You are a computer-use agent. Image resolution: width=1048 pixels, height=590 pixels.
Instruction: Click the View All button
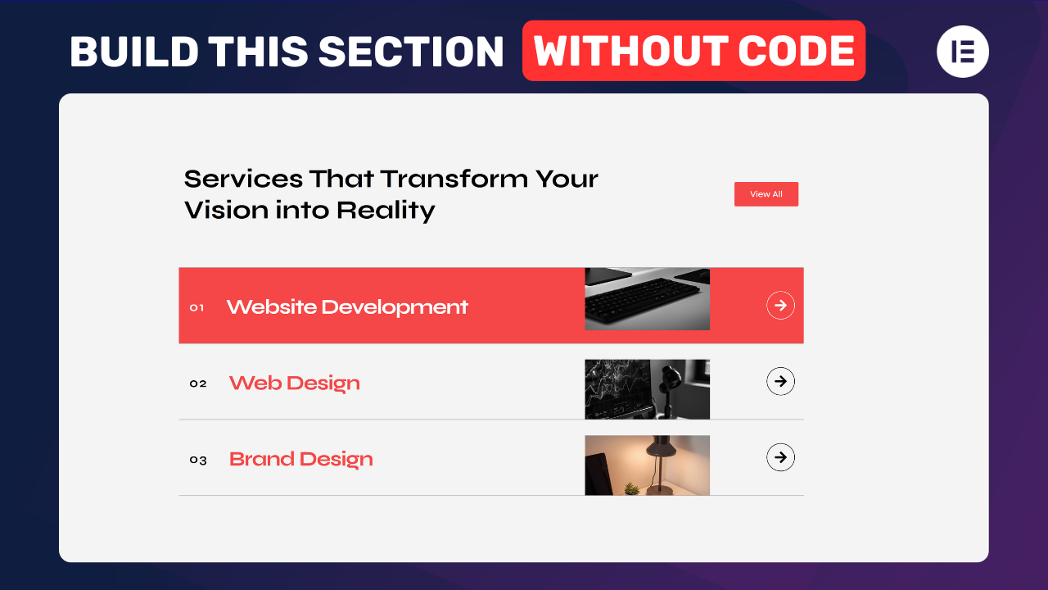click(766, 194)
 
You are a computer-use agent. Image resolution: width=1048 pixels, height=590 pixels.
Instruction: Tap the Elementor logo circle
click(962, 51)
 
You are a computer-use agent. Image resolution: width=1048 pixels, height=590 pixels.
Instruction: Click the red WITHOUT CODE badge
click(693, 51)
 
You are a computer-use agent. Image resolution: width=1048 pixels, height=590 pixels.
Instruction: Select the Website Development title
click(347, 307)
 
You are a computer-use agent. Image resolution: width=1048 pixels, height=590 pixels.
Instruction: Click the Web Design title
click(294, 383)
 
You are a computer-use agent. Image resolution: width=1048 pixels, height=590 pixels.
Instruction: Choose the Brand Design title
click(300, 459)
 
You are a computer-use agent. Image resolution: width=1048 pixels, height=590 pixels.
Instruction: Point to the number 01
click(196, 308)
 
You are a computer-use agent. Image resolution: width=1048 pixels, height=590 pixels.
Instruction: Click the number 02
click(198, 383)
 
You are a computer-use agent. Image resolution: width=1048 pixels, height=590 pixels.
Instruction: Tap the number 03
click(198, 460)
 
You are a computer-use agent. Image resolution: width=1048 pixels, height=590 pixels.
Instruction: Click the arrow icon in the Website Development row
click(780, 306)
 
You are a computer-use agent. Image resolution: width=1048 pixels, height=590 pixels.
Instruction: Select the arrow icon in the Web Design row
click(780, 381)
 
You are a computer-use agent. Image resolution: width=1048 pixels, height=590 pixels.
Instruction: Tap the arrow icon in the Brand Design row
click(780, 457)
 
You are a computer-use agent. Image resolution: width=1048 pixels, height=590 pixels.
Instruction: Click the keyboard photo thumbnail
click(647, 299)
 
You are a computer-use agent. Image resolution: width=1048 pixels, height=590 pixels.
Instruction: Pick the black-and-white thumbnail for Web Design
click(647, 389)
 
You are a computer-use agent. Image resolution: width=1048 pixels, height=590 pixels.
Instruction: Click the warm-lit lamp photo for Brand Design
click(647, 465)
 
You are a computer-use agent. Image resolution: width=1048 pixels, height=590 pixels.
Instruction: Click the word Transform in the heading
click(454, 179)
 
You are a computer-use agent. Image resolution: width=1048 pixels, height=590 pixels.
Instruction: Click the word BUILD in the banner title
click(133, 52)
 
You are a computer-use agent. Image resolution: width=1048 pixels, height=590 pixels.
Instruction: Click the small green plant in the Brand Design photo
click(631, 488)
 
